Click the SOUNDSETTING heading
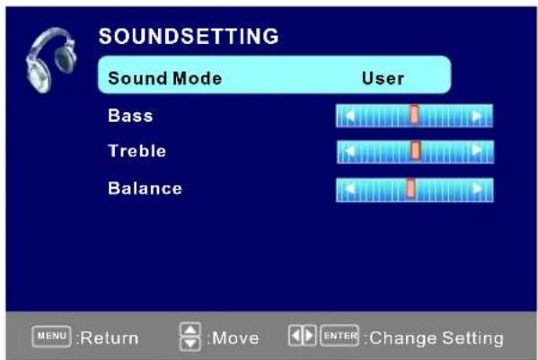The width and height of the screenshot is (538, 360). tap(188, 37)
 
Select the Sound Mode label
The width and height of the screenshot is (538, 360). tap(164, 78)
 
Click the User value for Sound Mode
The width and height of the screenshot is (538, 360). tap(383, 78)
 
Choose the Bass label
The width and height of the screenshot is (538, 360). tap(130, 116)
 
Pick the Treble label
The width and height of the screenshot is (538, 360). tap(137, 151)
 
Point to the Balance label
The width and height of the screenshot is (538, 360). tap(145, 189)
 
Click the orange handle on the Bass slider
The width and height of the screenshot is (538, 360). tap(414, 115)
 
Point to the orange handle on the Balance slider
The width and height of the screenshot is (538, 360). tap(410, 189)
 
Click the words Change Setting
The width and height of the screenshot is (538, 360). tap(437, 338)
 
